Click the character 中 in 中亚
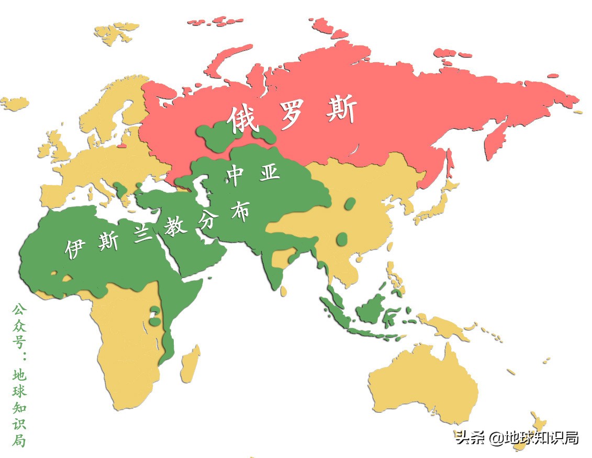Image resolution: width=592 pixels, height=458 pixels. [x=234, y=176]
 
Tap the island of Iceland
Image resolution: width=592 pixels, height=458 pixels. [x=14, y=103]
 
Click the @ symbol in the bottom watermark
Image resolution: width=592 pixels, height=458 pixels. [x=495, y=438]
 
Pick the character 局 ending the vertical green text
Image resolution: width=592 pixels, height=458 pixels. [x=19, y=440]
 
